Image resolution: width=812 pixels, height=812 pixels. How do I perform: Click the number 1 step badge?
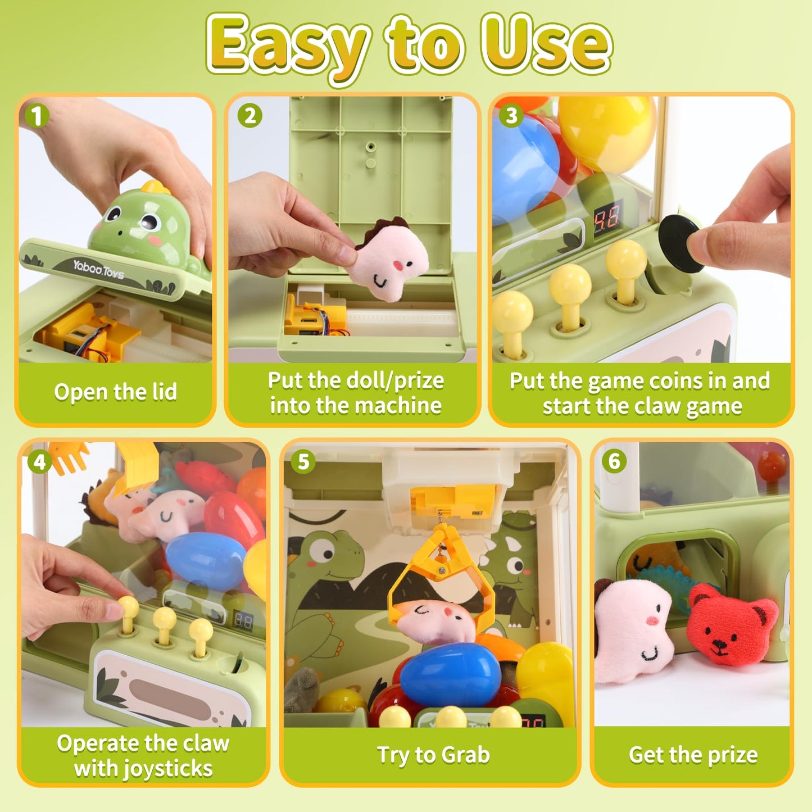click(x=37, y=116)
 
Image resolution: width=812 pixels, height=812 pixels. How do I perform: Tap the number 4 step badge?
click(x=39, y=462)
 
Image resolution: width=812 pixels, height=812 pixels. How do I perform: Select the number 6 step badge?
click(x=614, y=461)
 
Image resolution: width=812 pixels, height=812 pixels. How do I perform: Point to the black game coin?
click(x=679, y=244)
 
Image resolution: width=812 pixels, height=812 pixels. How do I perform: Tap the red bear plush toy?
click(x=731, y=624)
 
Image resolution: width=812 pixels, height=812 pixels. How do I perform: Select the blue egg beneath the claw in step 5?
click(x=450, y=674)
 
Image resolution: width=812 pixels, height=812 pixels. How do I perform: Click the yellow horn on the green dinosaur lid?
click(x=156, y=187)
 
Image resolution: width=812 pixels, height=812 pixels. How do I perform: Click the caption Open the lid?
click(x=116, y=392)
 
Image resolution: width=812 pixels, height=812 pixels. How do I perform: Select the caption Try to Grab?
click(x=433, y=755)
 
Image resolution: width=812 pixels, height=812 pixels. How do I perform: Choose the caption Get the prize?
click(x=693, y=755)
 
